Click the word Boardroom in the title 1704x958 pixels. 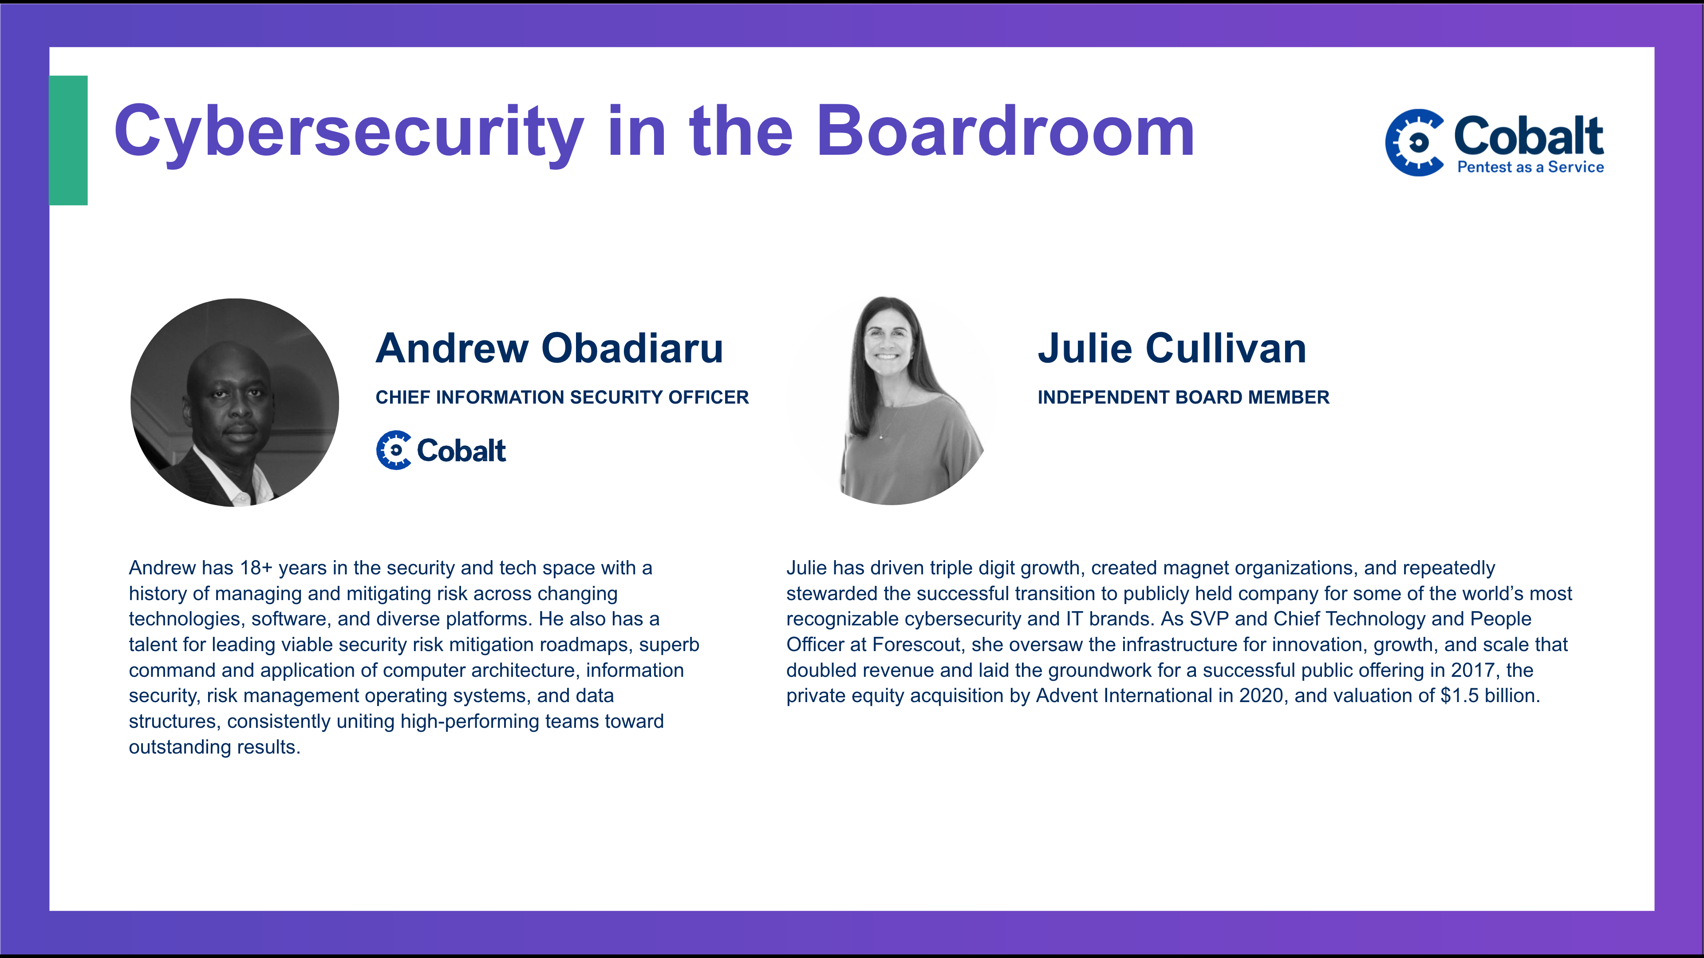[1006, 132]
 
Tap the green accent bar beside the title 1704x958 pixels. [68, 140]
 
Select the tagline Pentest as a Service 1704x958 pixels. [1530, 167]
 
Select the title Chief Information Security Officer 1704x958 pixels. [562, 397]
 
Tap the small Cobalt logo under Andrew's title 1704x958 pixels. [441, 450]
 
